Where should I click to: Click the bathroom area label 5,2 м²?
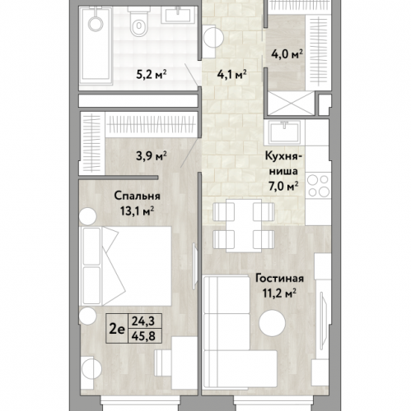pos(152,74)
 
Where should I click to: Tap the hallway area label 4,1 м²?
pos(232,74)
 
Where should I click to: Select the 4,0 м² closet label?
pos(287,54)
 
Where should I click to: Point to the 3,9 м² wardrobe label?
pos(152,156)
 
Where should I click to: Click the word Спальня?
pos(137,196)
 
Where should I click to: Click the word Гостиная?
pos(279,279)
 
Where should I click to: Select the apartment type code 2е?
pos(117,329)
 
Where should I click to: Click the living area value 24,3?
pos(143,321)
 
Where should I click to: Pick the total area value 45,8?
pos(143,336)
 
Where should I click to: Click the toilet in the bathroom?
pos(139,21)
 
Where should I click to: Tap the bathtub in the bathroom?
pos(96,46)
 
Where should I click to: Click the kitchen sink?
pos(284,132)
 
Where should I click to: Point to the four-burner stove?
pos(318,186)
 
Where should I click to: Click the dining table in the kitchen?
pos(244,225)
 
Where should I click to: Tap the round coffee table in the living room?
pos(273,322)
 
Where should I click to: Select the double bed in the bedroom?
pos(125,266)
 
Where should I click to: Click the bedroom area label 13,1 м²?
pos(137,211)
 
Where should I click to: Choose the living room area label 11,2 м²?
pos(279,293)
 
